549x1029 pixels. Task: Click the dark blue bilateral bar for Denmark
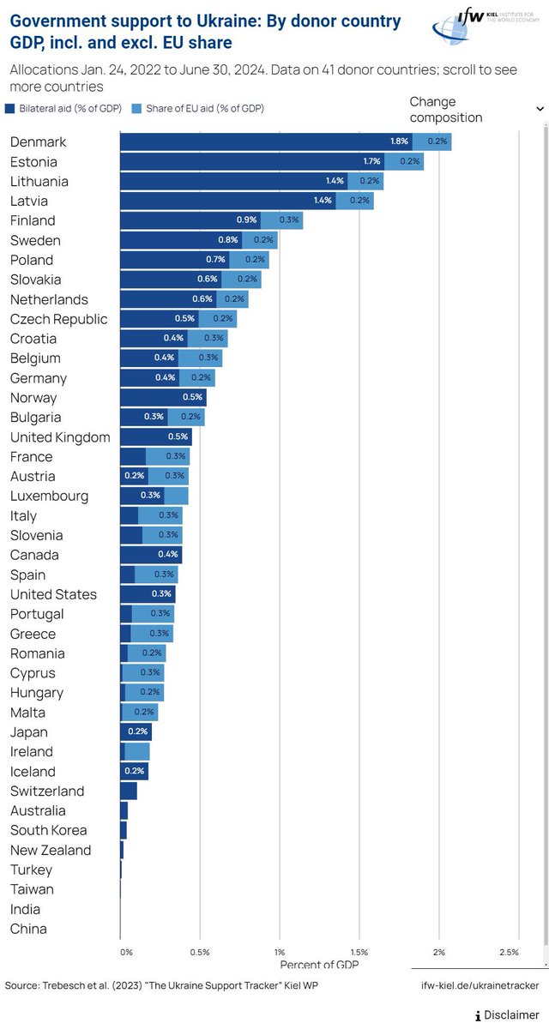(266, 142)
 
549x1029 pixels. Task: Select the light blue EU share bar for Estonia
(404, 162)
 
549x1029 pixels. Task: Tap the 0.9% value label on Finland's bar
(246, 221)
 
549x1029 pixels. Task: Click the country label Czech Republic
(59, 320)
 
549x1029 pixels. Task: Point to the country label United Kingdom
(60, 438)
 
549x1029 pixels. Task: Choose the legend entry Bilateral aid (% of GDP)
(65, 109)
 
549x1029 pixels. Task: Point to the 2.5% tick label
(508, 953)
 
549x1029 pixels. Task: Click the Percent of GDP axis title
(319, 965)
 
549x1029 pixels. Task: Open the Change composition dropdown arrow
(539, 109)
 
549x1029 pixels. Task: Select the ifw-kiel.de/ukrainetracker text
(480, 986)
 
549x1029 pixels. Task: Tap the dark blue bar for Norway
(163, 398)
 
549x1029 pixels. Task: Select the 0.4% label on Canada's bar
(168, 556)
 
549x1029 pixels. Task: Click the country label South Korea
(48, 831)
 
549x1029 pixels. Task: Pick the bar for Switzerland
(129, 791)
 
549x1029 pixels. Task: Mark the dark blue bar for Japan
(136, 732)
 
